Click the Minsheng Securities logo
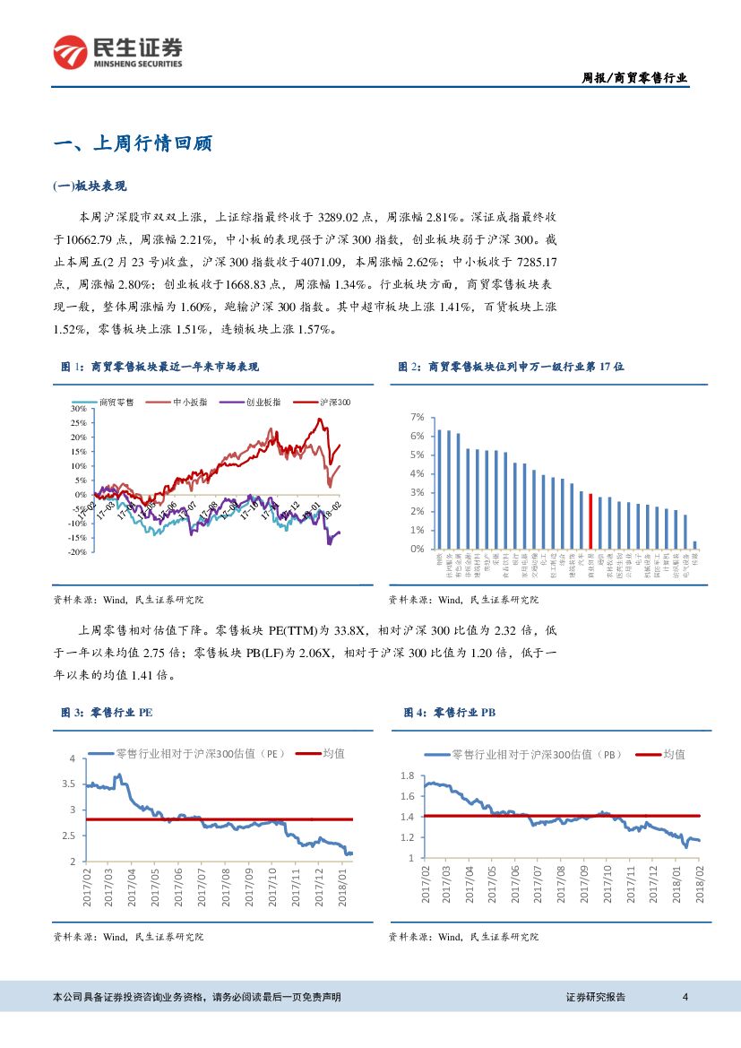click(117, 52)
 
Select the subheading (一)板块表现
click(90, 186)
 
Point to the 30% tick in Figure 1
click(77, 408)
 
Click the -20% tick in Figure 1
click(76, 552)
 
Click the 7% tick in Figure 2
click(416, 418)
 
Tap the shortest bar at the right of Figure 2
click(694, 544)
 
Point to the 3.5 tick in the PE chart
click(68, 784)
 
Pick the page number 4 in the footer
click(685, 997)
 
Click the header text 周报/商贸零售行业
click(630, 78)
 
